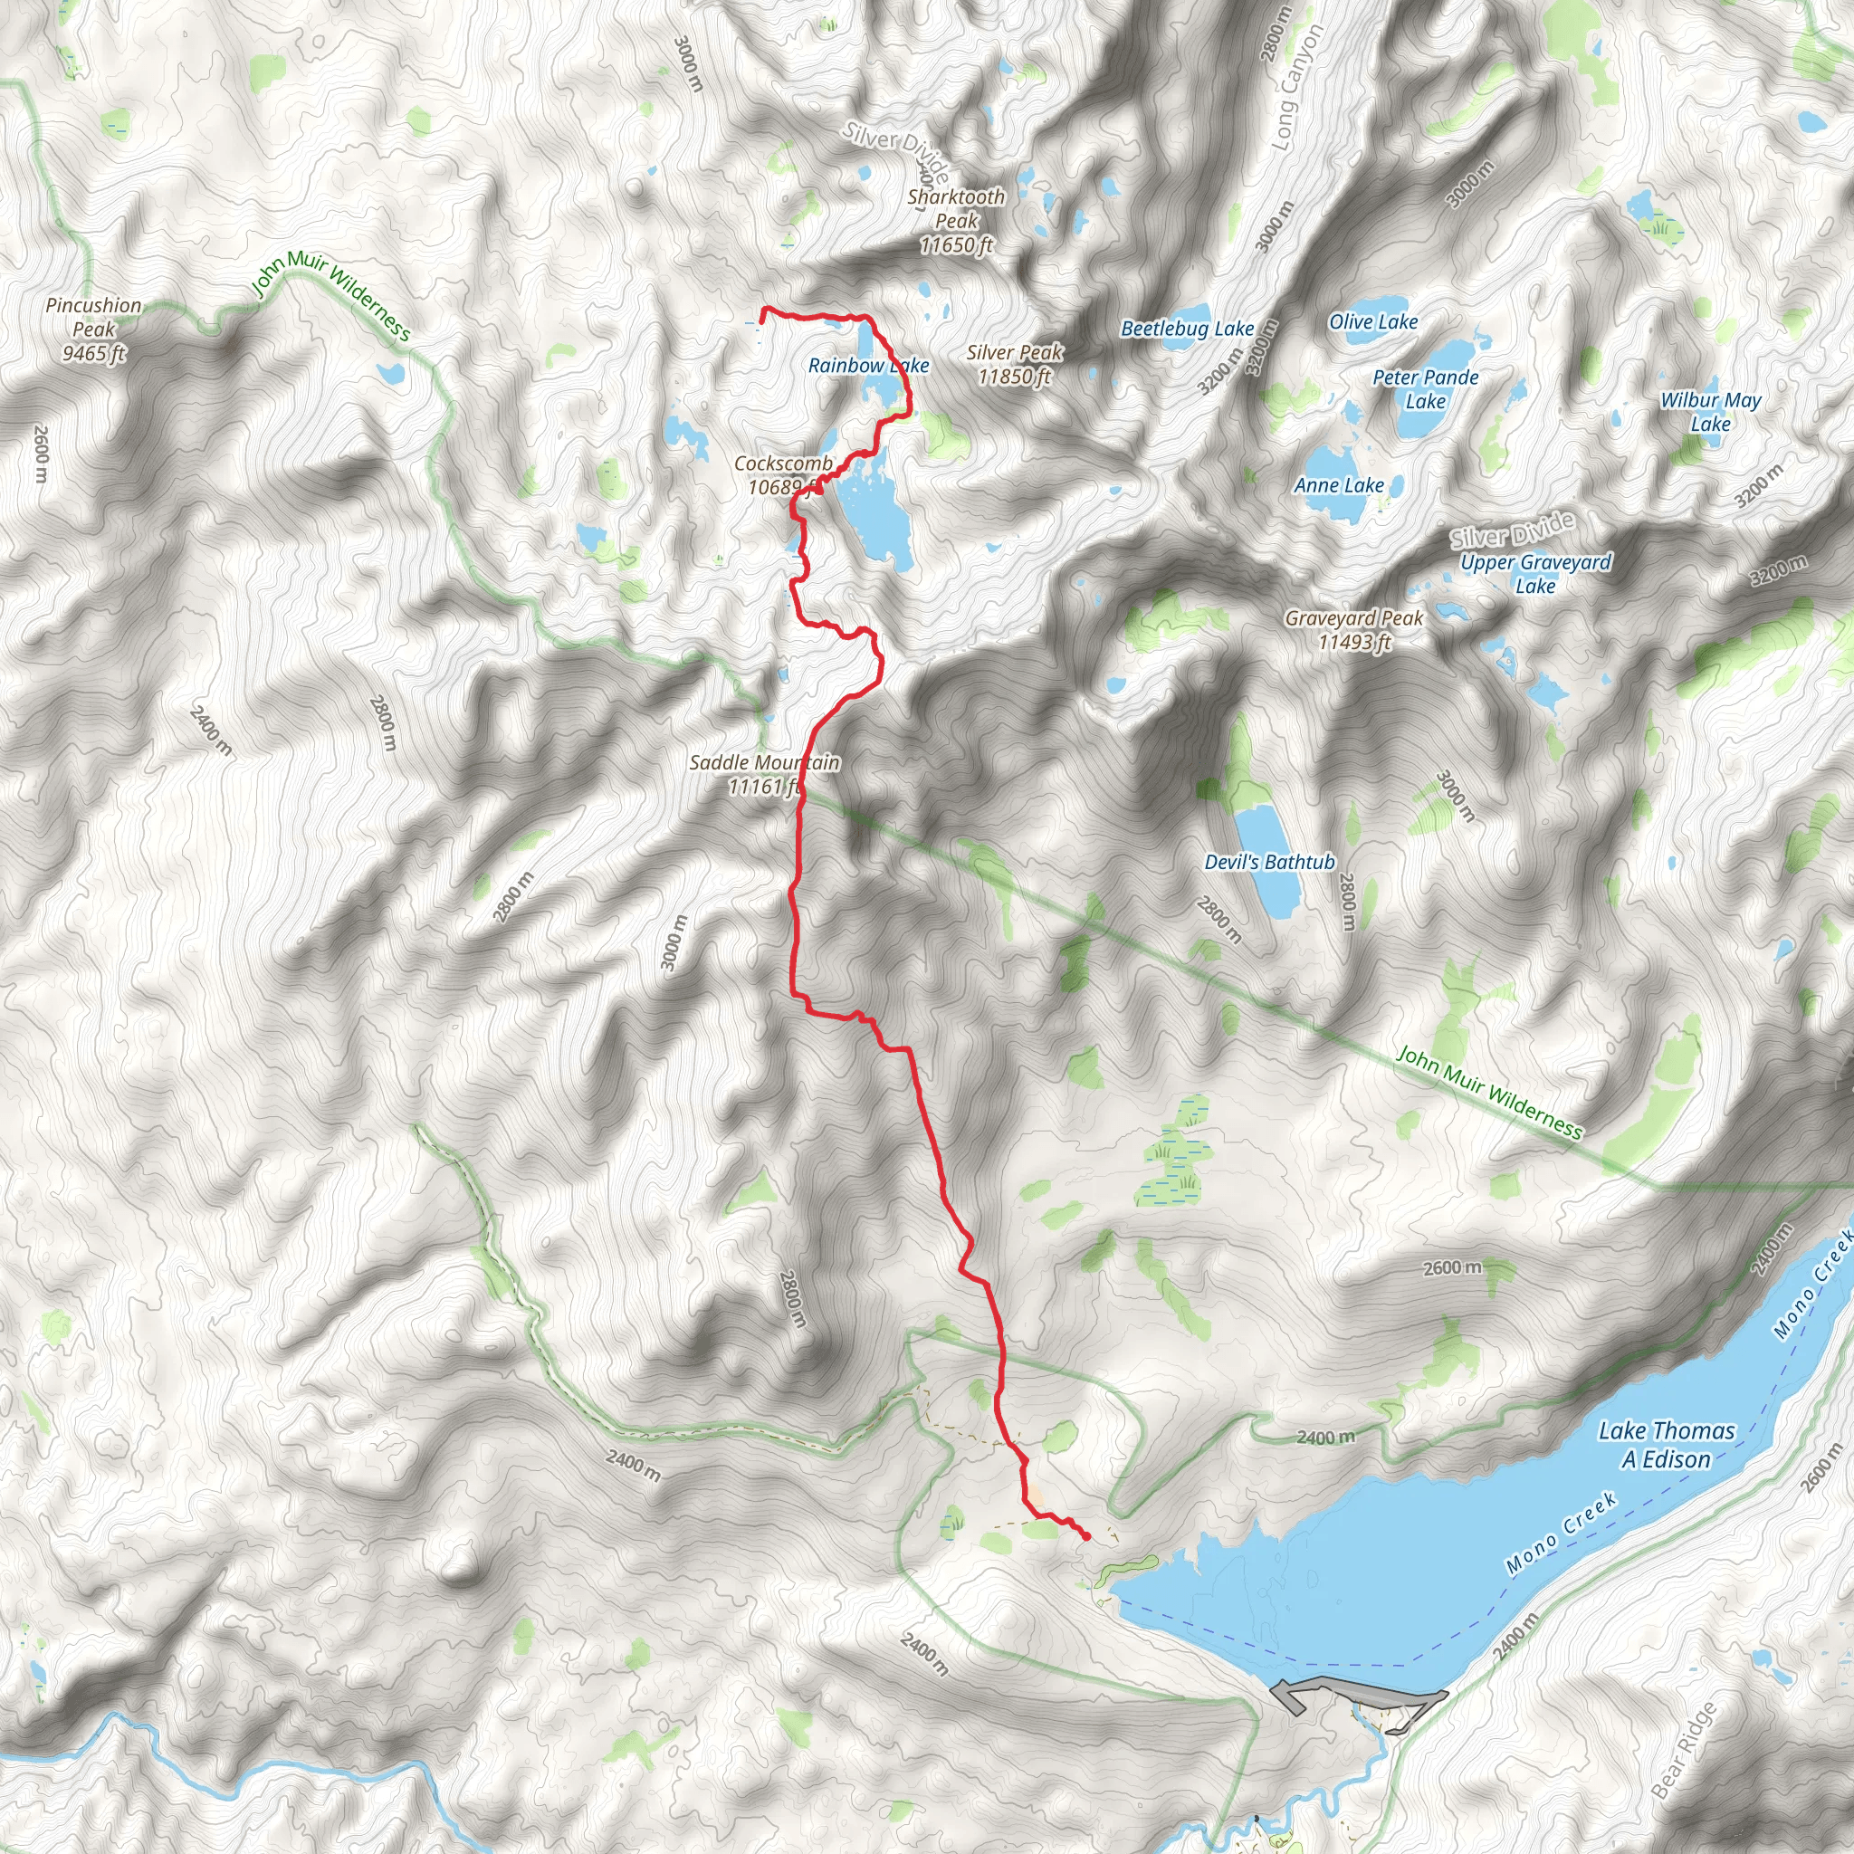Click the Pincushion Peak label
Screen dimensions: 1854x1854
tap(93, 330)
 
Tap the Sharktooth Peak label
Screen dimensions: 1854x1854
tap(956, 221)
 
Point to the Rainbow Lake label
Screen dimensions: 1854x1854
tap(867, 366)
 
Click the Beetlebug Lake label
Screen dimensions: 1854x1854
tap(1187, 330)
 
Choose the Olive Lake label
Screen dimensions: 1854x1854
tap(1372, 322)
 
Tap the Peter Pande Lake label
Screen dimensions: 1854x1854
tap(1425, 388)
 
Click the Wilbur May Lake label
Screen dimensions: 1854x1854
tap(1710, 412)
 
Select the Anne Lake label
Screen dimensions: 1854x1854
tap(1339, 485)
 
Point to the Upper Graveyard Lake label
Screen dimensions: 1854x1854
tap(1535, 574)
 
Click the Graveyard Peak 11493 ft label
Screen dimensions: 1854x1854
tap(1354, 630)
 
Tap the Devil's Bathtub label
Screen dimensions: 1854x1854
tap(1268, 863)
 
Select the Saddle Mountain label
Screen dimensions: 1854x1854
tap(764, 774)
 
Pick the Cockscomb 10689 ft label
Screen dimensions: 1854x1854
tap(782, 475)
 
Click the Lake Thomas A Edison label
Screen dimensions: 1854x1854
tap(1666, 1445)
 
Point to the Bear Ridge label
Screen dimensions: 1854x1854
tap(1684, 1749)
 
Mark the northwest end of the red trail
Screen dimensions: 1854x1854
tap(763, 309)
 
